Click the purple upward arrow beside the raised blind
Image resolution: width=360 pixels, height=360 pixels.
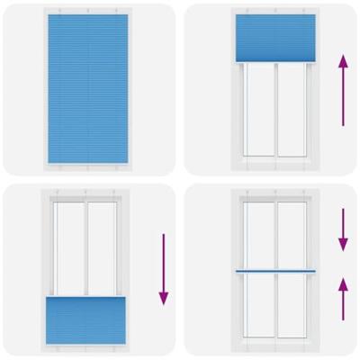pyautogui.click(x=342, y=89)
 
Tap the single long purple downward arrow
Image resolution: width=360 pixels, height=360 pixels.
pyautogui.click(x=163, y=269)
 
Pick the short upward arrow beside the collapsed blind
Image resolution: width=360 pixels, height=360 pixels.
pyautogui.click(x=343, y=299)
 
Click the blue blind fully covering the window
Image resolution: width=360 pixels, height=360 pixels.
pyautogui.click(x=87, y=87)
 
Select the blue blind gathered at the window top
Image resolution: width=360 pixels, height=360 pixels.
pyautogui.click(x=274, y=40)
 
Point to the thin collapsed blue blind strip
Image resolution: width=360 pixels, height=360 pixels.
pyautogui.click(x=274, y=271)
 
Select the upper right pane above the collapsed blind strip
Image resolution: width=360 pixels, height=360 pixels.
pyautogui.click(x=292, y=234)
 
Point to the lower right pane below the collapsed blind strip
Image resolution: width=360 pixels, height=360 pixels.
pyautogui.click(x=292, y=308)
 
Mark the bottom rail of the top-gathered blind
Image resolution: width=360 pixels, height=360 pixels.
pyautogui.click(x=274, y=62)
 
